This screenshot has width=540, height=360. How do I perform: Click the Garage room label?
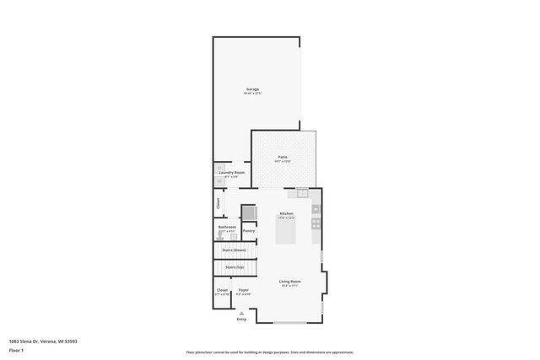(x=252, y=89)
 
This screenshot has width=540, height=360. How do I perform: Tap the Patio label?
(x=283, y=158)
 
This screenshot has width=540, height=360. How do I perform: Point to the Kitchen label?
(x=286, y=213)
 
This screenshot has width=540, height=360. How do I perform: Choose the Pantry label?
(x=249, y=230)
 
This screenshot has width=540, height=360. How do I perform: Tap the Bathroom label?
(x=227, y=226)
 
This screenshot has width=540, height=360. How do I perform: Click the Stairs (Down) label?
(x=234, y=250)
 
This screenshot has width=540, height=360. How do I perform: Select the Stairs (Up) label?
(x=234, y=267)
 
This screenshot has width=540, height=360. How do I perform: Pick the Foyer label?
(x=243, y=289)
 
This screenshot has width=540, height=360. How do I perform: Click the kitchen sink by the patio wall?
(x=302, y=192)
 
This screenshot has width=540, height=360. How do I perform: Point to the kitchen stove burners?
(x=316, y=223)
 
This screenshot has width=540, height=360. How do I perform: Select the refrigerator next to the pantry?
(x=249, y=212)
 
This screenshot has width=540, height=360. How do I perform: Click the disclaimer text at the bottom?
(x=270, y=352)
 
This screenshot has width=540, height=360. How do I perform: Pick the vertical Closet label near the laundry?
(x=218, y=202)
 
